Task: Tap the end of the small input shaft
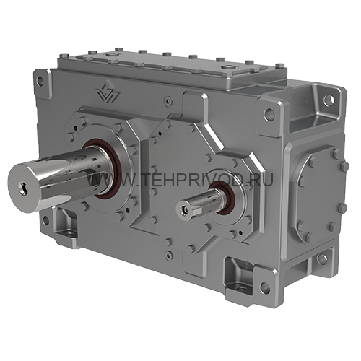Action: point(186,210)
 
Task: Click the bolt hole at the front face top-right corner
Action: point(269,113)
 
